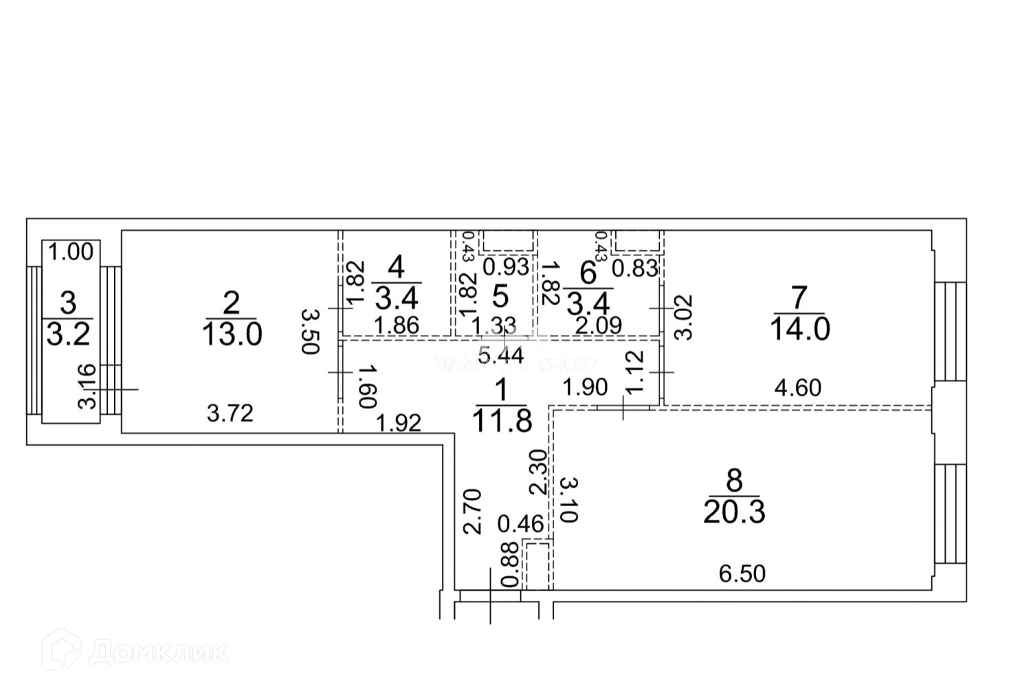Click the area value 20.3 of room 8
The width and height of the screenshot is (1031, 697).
[734, 512]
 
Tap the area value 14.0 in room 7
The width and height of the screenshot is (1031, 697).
[800, 330]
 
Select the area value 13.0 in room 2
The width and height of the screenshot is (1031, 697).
[232, 334]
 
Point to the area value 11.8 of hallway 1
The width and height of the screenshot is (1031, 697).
[502, 420]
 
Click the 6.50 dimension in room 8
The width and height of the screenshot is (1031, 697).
[742, 573]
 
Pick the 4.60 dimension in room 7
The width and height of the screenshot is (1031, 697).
[797, 388]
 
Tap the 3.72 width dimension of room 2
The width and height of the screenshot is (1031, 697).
[230, 413]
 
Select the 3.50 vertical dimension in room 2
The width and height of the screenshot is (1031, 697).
[311, 331]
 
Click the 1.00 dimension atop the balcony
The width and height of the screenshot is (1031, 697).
[71, 252]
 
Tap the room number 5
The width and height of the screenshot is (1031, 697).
[500, 297]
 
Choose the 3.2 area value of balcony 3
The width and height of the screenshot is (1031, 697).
[67, 335]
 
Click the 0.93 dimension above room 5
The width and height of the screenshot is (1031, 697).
[506, 266]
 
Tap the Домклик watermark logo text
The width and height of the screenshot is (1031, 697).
[159, 652]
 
